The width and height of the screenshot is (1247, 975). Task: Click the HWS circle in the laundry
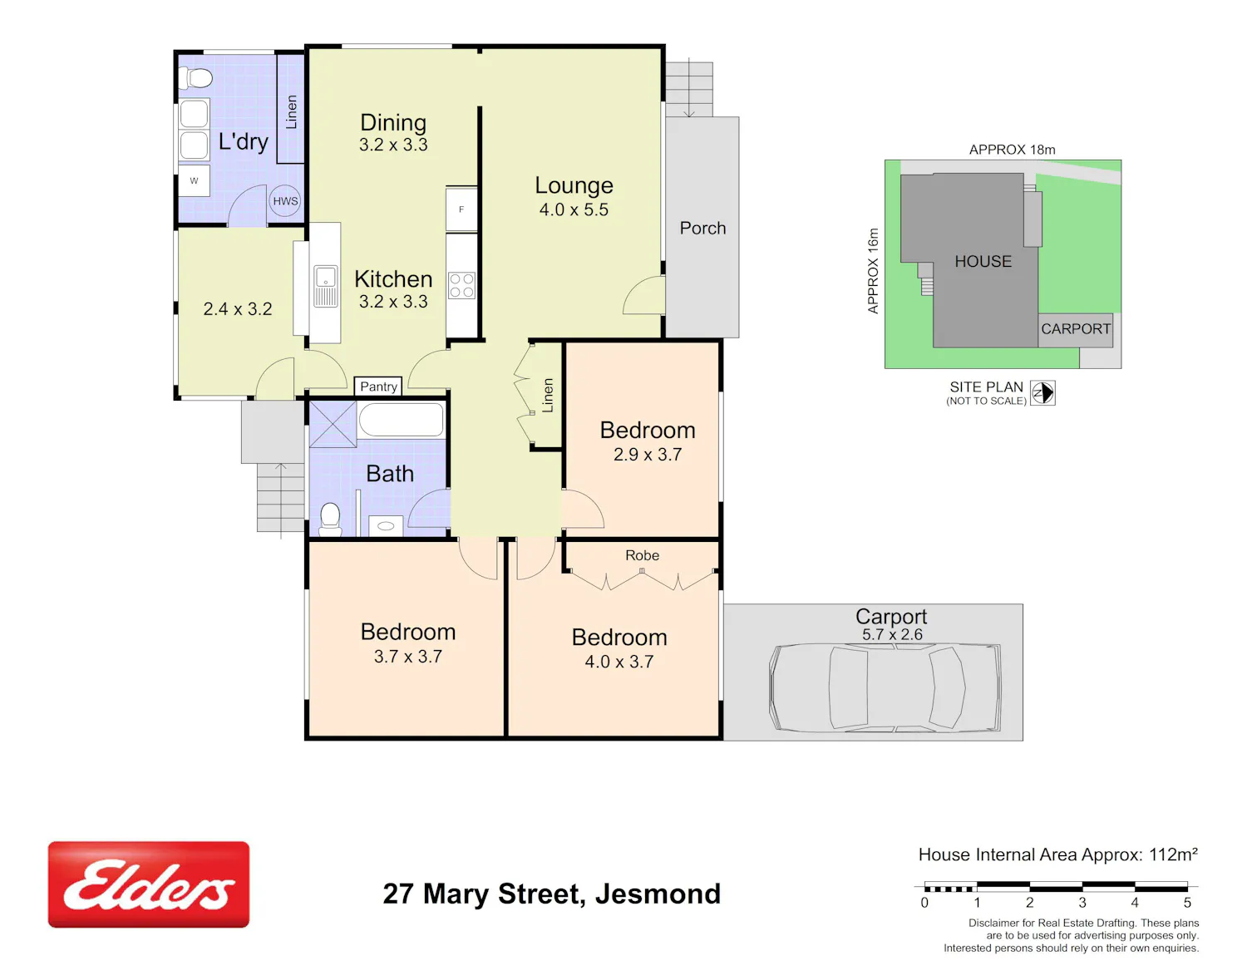pos(285,201)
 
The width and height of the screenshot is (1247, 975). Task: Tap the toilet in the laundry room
pos(195,77)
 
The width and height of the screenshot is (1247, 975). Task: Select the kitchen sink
pos(325,285)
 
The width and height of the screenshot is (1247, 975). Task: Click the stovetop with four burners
pos(462,286)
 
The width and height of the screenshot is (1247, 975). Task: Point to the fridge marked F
pos(461,209)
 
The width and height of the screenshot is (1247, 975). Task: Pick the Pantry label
pos(378,387)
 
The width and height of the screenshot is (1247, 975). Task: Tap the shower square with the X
pos(333,424)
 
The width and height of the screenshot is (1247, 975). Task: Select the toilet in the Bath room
pos(330,519)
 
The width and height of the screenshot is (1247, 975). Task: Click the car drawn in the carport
pos(885,687)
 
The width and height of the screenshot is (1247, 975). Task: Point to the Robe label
pos(642,555)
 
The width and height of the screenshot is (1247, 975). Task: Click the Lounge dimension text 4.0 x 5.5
pos(574,209)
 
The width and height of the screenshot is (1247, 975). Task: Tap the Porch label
pos(702,228)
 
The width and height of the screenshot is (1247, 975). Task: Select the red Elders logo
pos(149,884)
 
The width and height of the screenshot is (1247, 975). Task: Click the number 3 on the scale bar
pos(1082,903)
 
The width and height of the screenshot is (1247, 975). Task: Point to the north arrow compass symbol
pos(1042,393)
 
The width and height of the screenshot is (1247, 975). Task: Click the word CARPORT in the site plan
pos(1076,328)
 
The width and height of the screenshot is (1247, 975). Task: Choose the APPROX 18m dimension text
pos(1013,150)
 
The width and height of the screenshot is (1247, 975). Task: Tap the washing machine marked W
pos(194,180)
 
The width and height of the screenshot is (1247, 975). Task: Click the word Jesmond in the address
pos(658,894)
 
